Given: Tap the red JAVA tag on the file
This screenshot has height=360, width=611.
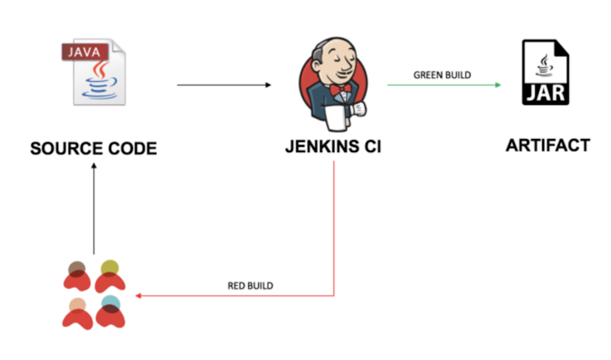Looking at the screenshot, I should click(x=83, y=53).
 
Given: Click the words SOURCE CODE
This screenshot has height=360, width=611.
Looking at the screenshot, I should click(x=93, y=148).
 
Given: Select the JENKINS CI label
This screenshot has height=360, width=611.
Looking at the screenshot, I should click(x=334, y=146).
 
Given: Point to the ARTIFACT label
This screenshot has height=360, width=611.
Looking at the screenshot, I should click(x=548, y=144).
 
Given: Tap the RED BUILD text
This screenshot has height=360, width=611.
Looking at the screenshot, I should click(x=251, y=286).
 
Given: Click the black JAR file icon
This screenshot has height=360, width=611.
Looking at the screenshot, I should click(x=545, y=73).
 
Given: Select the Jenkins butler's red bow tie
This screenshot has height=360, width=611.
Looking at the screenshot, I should click(x=342, y=89).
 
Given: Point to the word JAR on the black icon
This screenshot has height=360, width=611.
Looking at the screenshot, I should click(x=545, y=95).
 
